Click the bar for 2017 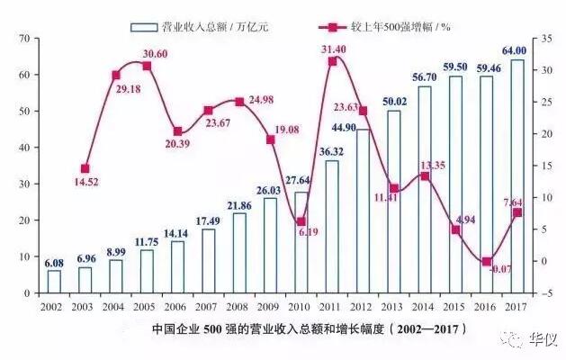point(517,176)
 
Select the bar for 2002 point(54,282)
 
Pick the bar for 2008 point(239,253)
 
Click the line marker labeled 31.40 point(333,61)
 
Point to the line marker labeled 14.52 point(85,168)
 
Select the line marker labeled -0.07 point(487,261)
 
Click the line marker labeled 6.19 point(301,221)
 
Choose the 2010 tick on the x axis point(301,306)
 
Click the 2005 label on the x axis point(147,306)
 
